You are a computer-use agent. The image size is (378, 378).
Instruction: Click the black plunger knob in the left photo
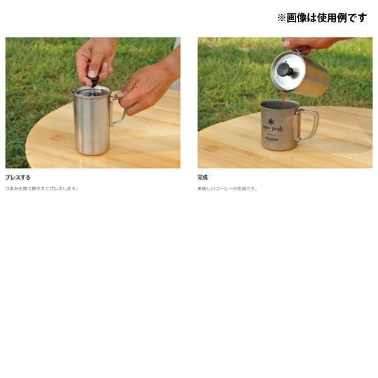tap(94, 81)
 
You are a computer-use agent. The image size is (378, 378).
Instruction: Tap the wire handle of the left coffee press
tap(119, 111)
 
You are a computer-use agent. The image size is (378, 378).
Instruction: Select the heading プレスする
tap(18, 178)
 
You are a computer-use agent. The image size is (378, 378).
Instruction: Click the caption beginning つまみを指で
tap(42, 188)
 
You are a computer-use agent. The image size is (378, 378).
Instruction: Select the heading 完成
tap(203, 178)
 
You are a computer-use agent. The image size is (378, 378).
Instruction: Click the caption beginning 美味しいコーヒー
tap(227, 188)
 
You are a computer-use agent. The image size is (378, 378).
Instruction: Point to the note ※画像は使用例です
tap(321, 18)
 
